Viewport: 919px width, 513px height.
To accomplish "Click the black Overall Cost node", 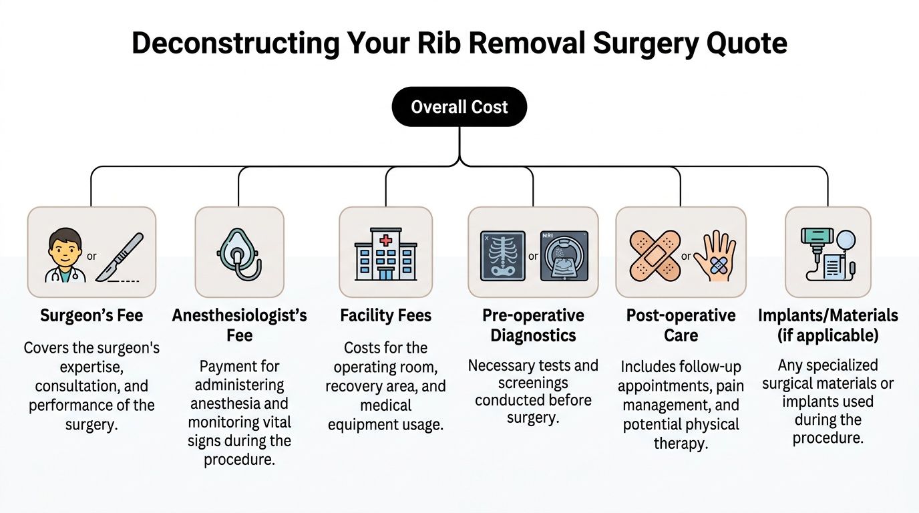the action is point(459,107).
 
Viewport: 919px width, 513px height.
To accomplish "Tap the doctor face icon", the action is point(65,255).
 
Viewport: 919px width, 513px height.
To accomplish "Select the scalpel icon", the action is point(120,257).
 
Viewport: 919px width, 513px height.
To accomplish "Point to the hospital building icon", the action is point(385,254).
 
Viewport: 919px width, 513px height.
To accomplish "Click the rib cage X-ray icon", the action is point(502,256).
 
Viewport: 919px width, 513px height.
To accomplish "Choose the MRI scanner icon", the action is point(564,256).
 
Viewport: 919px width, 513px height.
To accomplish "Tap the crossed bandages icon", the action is point(655,256).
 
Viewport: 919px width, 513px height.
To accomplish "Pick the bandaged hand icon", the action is point(715,256).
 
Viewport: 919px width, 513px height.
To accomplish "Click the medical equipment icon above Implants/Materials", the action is point(828,254).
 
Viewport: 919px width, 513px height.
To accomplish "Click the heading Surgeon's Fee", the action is point(91,315).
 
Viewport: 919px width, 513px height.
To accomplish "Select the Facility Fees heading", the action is point(385,315).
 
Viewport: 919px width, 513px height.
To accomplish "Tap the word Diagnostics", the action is point(533,336).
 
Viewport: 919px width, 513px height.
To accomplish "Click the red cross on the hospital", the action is point(385,240).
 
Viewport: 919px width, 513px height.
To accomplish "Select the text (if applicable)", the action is point(828,336).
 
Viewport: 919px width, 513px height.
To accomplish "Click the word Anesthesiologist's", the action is point(239,315).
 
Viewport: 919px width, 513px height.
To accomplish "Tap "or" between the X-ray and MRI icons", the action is point(533,256).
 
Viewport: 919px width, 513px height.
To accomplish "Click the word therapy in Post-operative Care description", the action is point(681,444).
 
